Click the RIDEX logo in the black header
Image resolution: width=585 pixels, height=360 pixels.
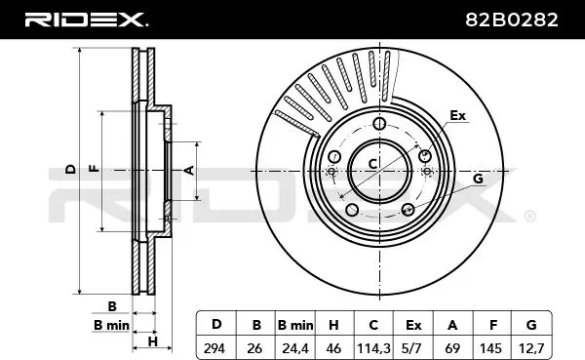(86, 20)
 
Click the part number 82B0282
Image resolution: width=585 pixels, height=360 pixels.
(512, 20)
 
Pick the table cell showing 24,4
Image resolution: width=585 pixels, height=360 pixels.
(295, 348)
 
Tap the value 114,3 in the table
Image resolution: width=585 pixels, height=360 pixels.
(373, 348)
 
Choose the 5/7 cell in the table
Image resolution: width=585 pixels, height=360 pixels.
(412, 348)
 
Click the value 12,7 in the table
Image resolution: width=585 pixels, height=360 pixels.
(531, 348)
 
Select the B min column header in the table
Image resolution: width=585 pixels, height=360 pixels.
(295, 325)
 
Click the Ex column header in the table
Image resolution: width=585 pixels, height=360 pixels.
(413, 325)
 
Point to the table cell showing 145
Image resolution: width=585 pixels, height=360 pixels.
(490, 348)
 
